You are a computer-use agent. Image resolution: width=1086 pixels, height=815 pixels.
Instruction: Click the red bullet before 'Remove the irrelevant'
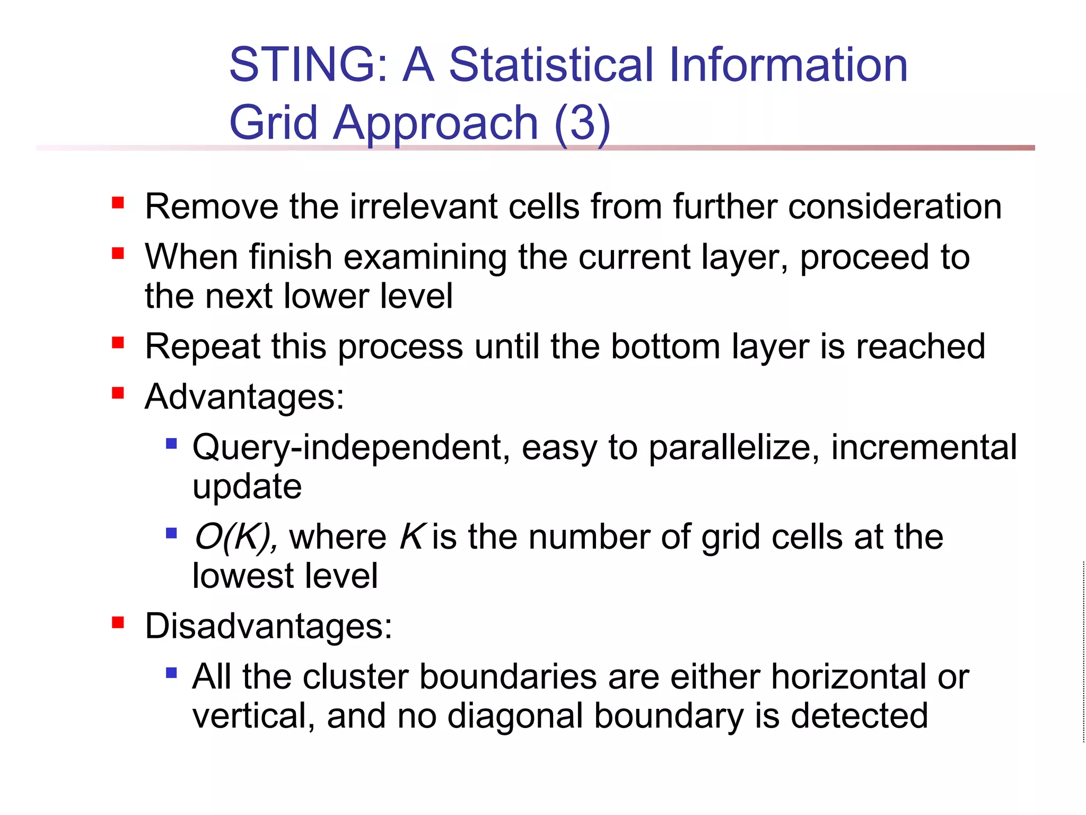click(x=118, y=203)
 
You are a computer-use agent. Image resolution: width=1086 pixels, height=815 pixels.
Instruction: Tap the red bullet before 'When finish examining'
click(x=118, y=254)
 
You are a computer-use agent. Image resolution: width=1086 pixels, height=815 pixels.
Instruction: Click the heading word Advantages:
click(x=244, y=397)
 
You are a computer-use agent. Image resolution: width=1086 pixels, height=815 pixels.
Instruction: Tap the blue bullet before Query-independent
click(x=171, y=443)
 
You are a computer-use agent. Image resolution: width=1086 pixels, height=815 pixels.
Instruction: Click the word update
click(x=247, y=487)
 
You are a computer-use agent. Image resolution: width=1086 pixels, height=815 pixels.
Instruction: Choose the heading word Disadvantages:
click(x=268, y=626)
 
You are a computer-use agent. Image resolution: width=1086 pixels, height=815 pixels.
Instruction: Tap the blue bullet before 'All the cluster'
click(x=171, y=673)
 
